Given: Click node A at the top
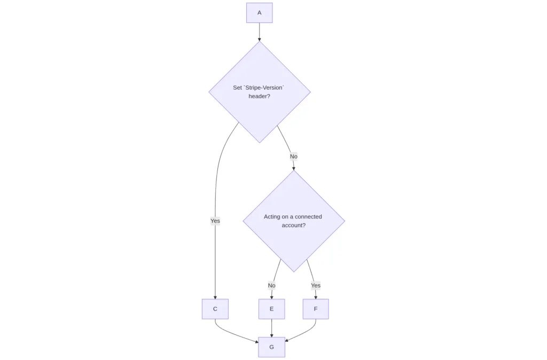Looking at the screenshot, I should pyautogui.click(x=259, y=13).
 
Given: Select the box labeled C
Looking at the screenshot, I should pyautogui.click(x=215, y=309).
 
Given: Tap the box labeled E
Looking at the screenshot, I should pyautogui.click(x=271, y=309).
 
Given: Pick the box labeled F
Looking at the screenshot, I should pyautogui.click(x=315, y=309).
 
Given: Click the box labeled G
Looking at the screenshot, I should pyautogui.click(x=271, y=347).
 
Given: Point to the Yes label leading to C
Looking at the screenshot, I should pyautogui.click(x=215, y=221).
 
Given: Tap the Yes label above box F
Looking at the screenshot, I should pyautogui.click(x=316, y=285).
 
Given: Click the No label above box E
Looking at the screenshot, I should pyautogui.click(x=271, y=285).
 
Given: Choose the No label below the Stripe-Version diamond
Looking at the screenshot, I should pyautogui.click(x=293, y=156).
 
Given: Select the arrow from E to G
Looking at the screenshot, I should pyautogui.click(x=271, y=327).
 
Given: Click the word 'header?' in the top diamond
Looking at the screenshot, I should pyautogui.click(x=259, y=96).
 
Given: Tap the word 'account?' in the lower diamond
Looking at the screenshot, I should pyautogui.click(x=293, y=225).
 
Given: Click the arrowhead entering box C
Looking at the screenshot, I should pyautogui.click(x=215, y=296).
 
